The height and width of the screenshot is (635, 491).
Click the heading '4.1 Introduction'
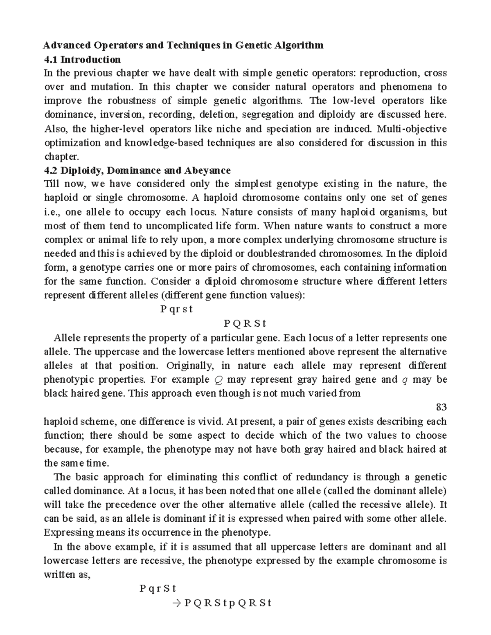coord(82,60)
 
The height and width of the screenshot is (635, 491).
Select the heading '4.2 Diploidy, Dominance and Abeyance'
coord(137,170)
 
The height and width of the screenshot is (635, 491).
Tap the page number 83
coord(441,407)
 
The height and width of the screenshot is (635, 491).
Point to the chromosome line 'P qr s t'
coord(176,309)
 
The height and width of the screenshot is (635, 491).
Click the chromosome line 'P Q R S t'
coord(245,323)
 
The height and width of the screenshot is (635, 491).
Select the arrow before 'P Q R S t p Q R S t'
coord(177,603)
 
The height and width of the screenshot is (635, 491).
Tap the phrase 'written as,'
coord(66,574)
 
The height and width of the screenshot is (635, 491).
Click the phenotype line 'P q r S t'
coord(157,589)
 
